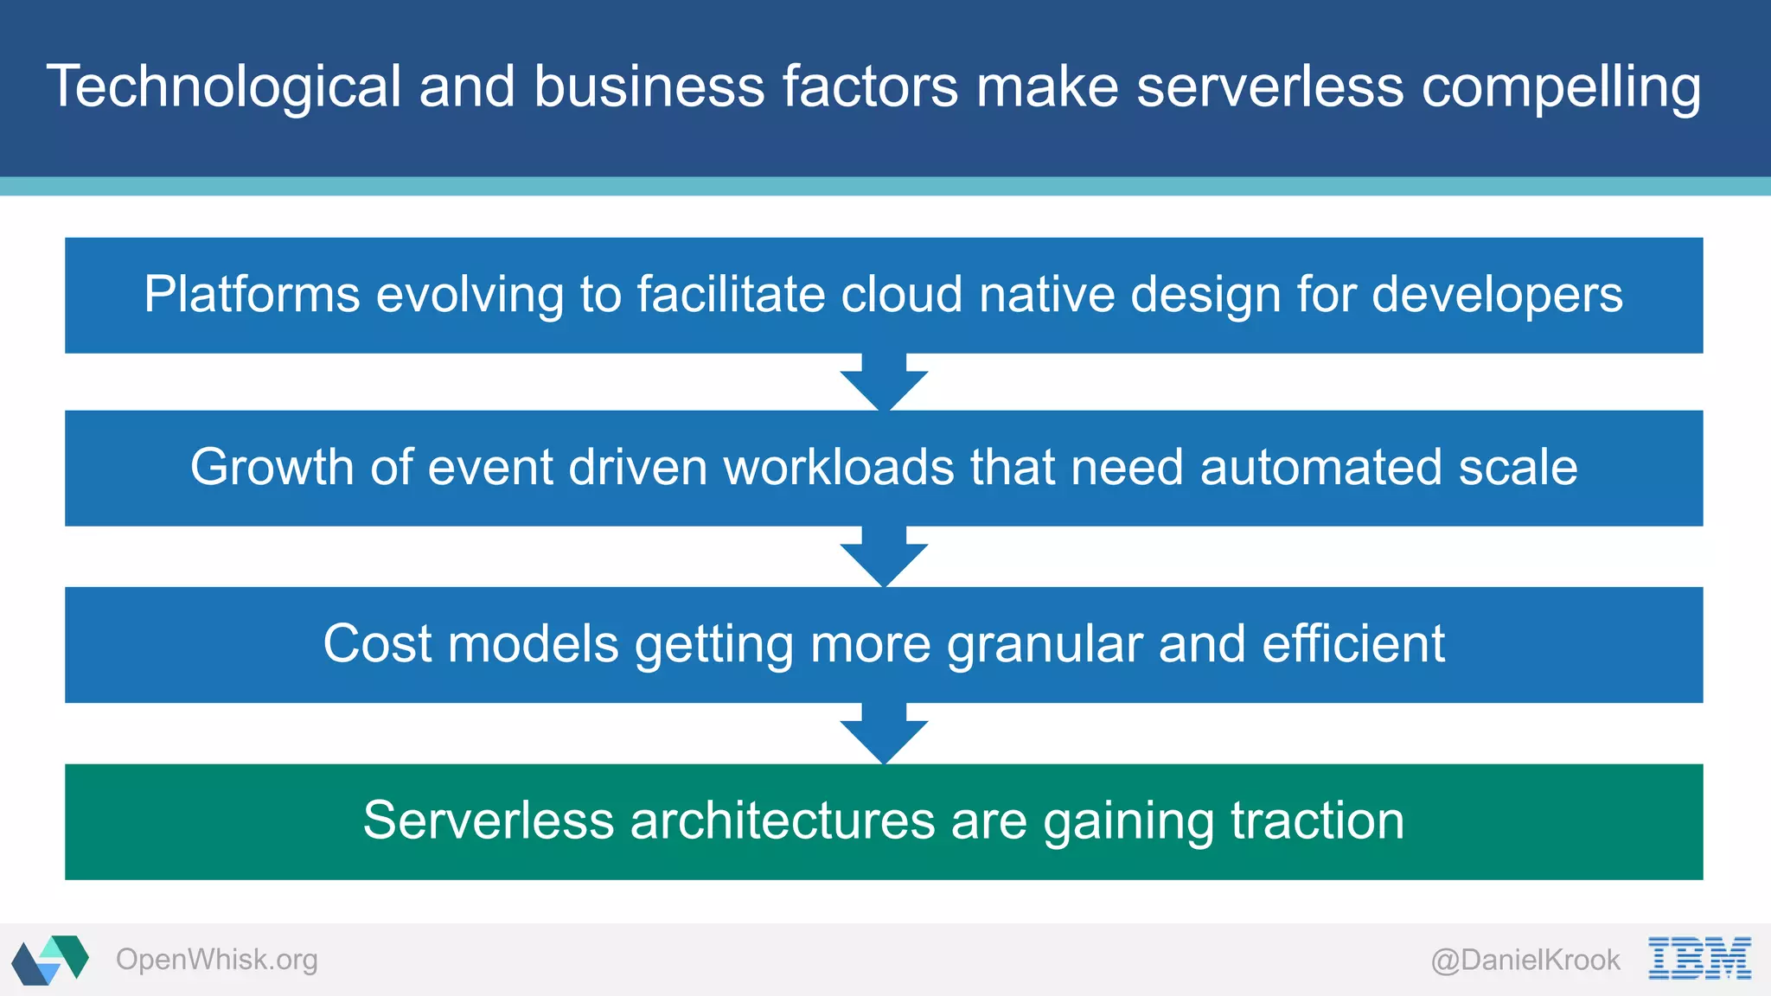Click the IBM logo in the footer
point(1699,958)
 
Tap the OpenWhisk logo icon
point(50,959)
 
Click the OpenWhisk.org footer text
point(216,960)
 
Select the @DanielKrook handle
point(1525,960)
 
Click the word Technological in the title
point(224,87)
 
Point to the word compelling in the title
point(1561,87)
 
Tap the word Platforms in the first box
point(252,295)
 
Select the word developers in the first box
point(1497,295)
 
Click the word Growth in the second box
point(272,468)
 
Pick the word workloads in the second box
point(838,468)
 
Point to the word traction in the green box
point(1317,820)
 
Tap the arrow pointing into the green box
point(884,734)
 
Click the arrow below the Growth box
point(884,557)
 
